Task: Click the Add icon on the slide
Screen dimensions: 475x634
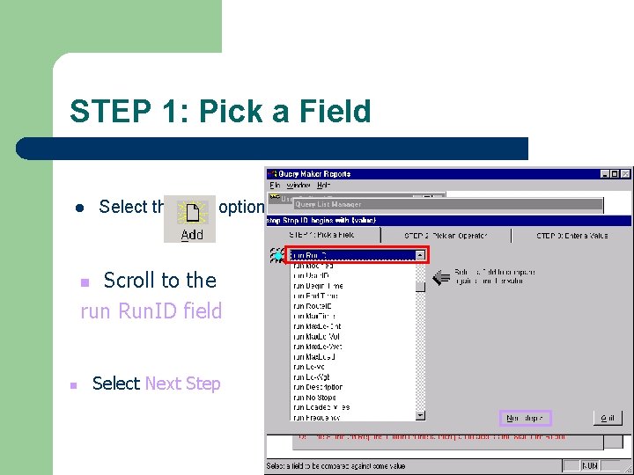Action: (x=191, y=219)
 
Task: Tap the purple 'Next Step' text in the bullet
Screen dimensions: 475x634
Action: (x=182, y=384)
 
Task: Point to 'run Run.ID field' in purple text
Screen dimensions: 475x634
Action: (x=151, y=311)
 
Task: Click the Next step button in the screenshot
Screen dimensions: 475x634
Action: (x=525, y=418)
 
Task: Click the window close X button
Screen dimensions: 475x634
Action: (x=626, y=173)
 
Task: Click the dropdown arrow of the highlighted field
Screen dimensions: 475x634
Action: (x=420, y=255)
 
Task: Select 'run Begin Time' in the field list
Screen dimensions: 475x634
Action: (x=319, y=286)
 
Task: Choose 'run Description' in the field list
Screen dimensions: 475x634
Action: (x=318, y=387)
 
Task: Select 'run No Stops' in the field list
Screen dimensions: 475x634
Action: (x=314, y=398)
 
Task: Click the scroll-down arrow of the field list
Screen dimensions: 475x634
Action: (x=420, y=415)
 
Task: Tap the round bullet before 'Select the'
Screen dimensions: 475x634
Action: (x=78, y=208)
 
